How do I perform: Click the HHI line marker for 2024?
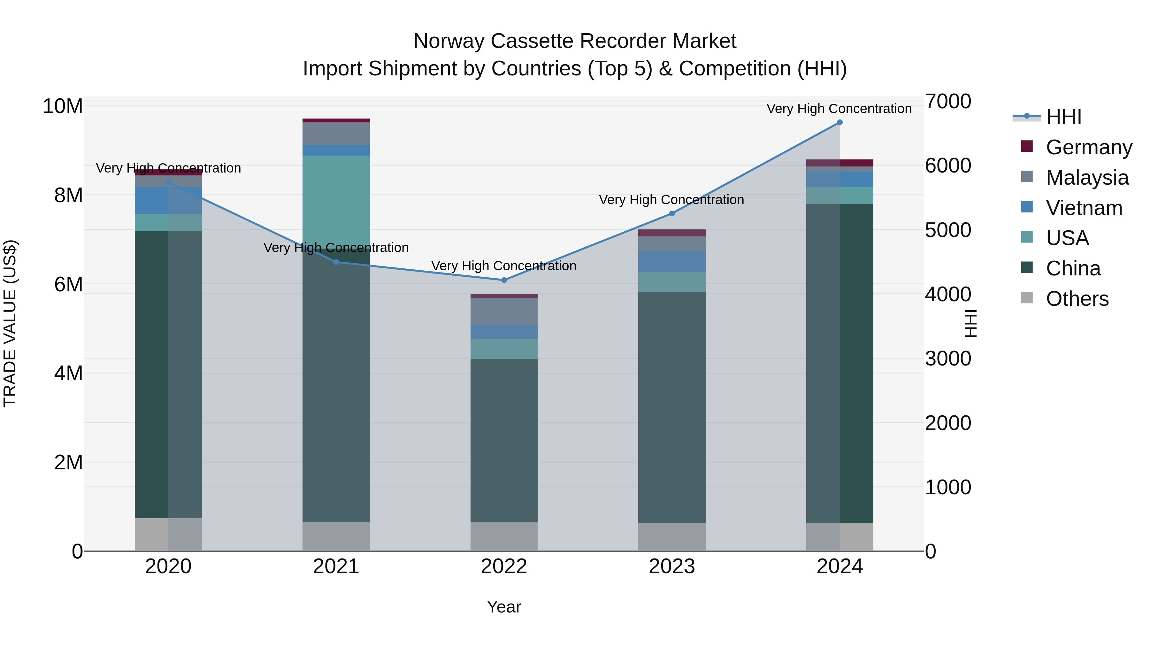click(x=839, y=122)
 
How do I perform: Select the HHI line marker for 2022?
click(x=504, y=280)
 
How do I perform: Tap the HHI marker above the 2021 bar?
click(x=336, y=262)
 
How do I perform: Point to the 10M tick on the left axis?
click(x=63, y=106)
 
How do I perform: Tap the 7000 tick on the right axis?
click(x=948, y=101)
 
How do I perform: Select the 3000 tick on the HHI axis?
click(x=948, y=358)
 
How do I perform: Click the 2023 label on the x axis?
click(x=671, y=566)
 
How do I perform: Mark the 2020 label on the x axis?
click(x=168, y=566)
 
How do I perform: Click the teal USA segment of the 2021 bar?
click(x=336, y=201)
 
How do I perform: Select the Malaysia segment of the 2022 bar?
click(x=504, y=311)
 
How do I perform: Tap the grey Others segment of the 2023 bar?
click(x=671, y=537)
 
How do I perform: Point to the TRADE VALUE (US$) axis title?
click(x=10, y=323)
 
